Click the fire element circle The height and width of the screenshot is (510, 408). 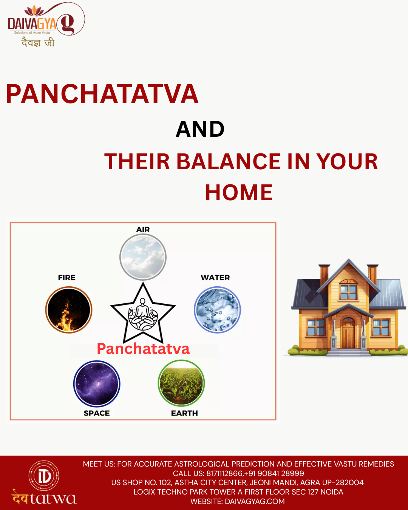pyautogui.click(x=69, y=310)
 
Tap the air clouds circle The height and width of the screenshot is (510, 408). pyautogui.click(x=143, y=257)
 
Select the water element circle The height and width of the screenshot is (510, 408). pyautogui.click(x=217, y=310)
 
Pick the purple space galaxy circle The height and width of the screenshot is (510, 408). pyautogui.click(x=97, y=384)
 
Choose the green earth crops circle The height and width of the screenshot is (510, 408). pyautogui.click(x=181, y=383)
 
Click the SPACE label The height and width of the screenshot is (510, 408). pyautogui.click(x=97, y=413)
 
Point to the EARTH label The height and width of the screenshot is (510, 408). pyautogui.click(x=184, y=413)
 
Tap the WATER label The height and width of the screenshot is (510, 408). pyautogui.click(x=215, y=278)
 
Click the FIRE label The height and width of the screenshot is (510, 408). pyautogui.click(x=66, y=278)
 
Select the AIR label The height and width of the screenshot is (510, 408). pyautogui.click(x=143, y=229)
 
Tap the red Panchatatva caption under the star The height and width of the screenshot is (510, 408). pyautogui.click(x=143, y=349)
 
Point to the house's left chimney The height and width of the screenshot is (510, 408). pyautogui.click(x=324, y=275)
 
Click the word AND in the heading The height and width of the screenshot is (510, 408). pyautogui.click(x=200, y=129)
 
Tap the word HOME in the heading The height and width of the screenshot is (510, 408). pyautogui.click(x=239, y=192)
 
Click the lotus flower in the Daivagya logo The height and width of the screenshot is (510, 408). pyautogui.click(x=34, y=11)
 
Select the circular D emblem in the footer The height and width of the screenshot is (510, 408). pyautogui.click(x=44, y=476)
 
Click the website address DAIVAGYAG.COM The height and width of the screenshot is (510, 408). pyautogui.click(x=255, y=501)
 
